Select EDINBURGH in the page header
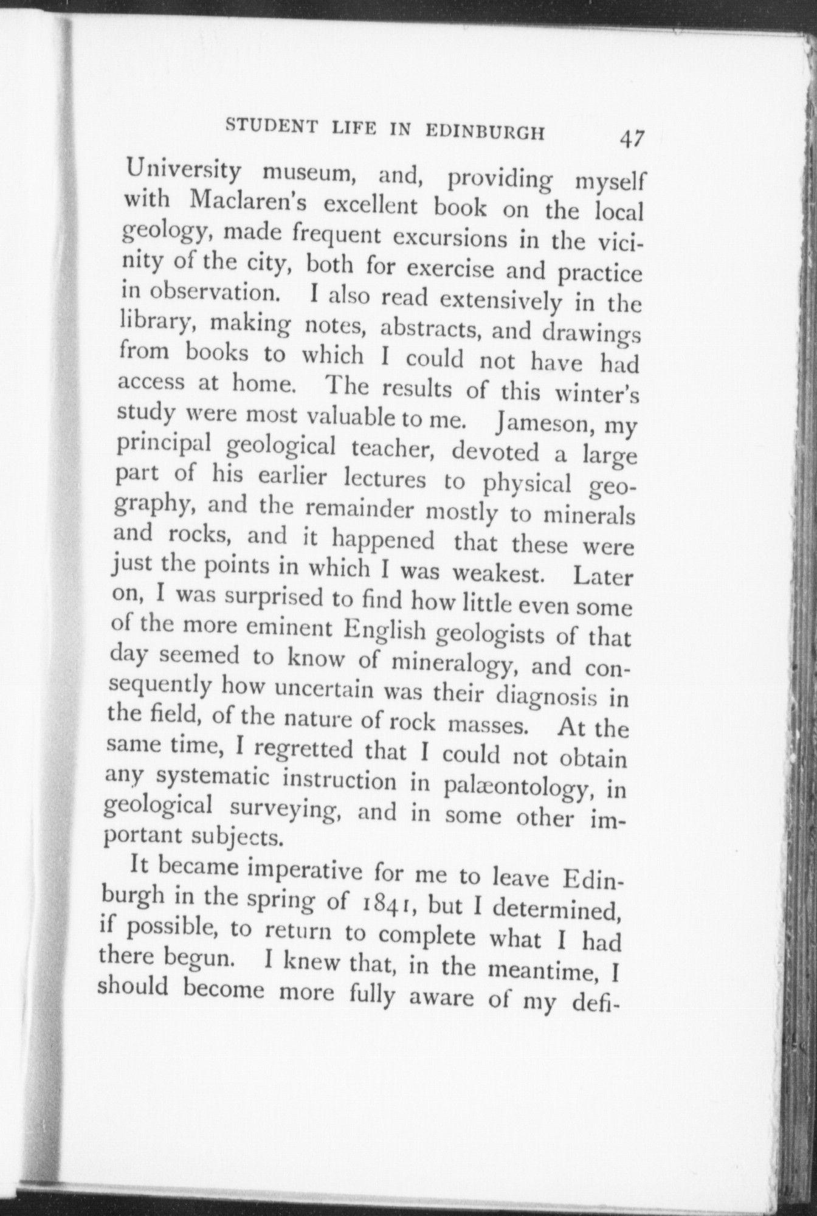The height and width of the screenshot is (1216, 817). click(500, 133)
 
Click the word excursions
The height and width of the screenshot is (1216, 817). click(448, 238)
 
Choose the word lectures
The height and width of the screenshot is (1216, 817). click(385, 480)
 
